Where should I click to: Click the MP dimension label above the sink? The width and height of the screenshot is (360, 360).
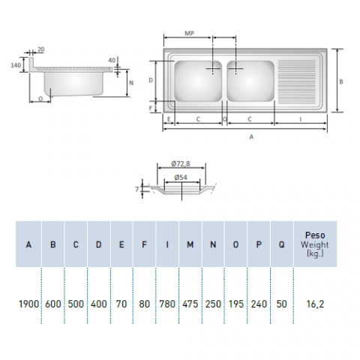coord(190,33)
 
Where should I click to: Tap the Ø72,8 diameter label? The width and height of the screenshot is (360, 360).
coord(181,163)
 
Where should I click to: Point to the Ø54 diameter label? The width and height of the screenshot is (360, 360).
coord(181,177)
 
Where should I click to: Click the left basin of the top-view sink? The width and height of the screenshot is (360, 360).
coord(198,80)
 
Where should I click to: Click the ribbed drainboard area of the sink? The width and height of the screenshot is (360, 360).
coord(301,80)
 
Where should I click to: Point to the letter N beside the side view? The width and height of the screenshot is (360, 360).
coord(131,83)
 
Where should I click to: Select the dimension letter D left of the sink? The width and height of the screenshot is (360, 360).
coord(151,79)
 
